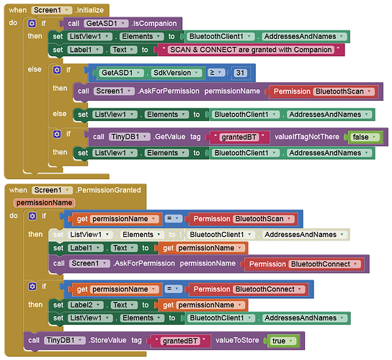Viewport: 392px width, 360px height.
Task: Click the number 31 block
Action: point(240,73)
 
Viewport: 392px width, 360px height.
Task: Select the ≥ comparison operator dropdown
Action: point(216,73)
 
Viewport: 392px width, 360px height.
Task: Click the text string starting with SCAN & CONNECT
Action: point(251,50)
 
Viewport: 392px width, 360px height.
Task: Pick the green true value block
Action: point(282,341)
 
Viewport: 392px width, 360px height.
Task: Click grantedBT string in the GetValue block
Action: point(239,137)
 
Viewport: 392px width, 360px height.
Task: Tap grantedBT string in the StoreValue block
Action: point(180,341)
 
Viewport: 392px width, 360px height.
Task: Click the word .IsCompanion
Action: point(154,24)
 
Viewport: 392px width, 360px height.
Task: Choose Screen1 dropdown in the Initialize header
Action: point(51,10)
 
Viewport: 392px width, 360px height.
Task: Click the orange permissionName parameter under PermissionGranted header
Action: point(45,202)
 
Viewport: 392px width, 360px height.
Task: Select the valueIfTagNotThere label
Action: point(307,137)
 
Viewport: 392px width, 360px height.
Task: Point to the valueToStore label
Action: point(237,341)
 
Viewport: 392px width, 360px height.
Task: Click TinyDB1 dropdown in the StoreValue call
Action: point(65,341)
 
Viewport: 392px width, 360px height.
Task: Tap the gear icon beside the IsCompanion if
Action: point(32,24)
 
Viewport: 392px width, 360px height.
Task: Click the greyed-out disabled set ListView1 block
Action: point(199,235)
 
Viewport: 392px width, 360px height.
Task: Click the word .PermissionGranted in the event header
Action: point(108,190)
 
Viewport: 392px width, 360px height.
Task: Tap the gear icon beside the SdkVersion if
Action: point(57,70)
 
